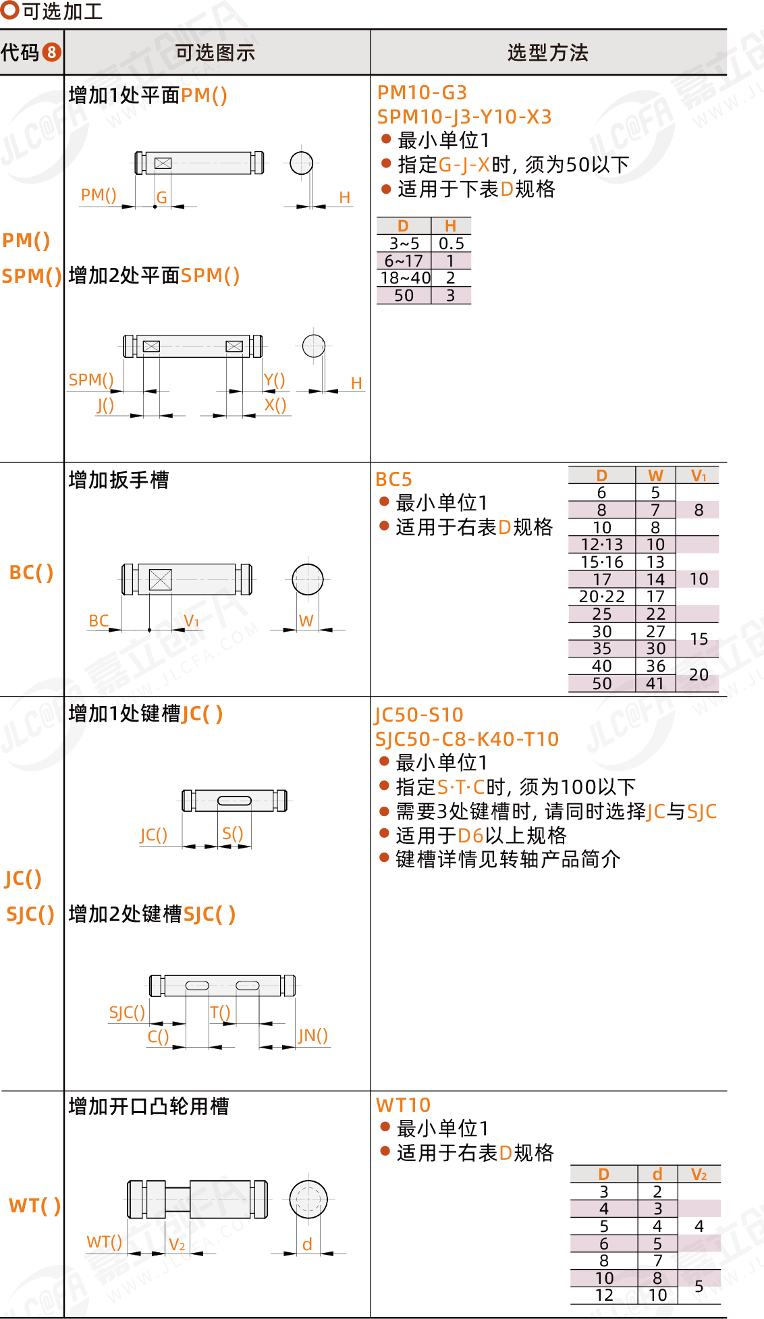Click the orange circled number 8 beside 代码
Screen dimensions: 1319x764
(51, 52)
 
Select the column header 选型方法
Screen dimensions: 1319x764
(547, 53)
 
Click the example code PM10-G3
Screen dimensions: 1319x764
(422, 92)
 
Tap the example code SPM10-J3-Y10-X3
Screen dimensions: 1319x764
(464, 117)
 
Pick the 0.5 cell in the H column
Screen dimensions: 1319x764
(451, 244)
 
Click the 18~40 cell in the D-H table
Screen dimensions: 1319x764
(405, 278)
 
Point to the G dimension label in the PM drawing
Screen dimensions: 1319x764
(162, 198)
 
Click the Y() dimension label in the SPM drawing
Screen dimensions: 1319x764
(274, 380)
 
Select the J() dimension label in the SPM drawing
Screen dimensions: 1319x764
(105, 405)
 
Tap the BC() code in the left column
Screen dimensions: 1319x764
(31, 572)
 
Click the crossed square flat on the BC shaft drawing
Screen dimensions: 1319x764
(161, 580)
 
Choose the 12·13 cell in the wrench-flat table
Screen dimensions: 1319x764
(602, 545)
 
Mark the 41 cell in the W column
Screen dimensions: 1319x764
(655, 684)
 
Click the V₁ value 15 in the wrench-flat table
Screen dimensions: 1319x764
(699, 639)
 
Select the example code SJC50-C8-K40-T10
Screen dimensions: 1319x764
(467, 739)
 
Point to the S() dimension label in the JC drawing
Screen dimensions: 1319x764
(233, 834)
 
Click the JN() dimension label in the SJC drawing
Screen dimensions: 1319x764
(313, 1035)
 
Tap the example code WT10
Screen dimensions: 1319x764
(403, 1105)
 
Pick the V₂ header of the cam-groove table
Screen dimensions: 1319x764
(699, 1175)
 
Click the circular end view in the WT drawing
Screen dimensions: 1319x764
(308, 1200)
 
